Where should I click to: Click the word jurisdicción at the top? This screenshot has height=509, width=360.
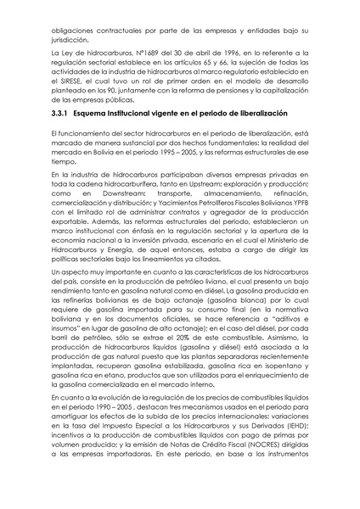[69, 39]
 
